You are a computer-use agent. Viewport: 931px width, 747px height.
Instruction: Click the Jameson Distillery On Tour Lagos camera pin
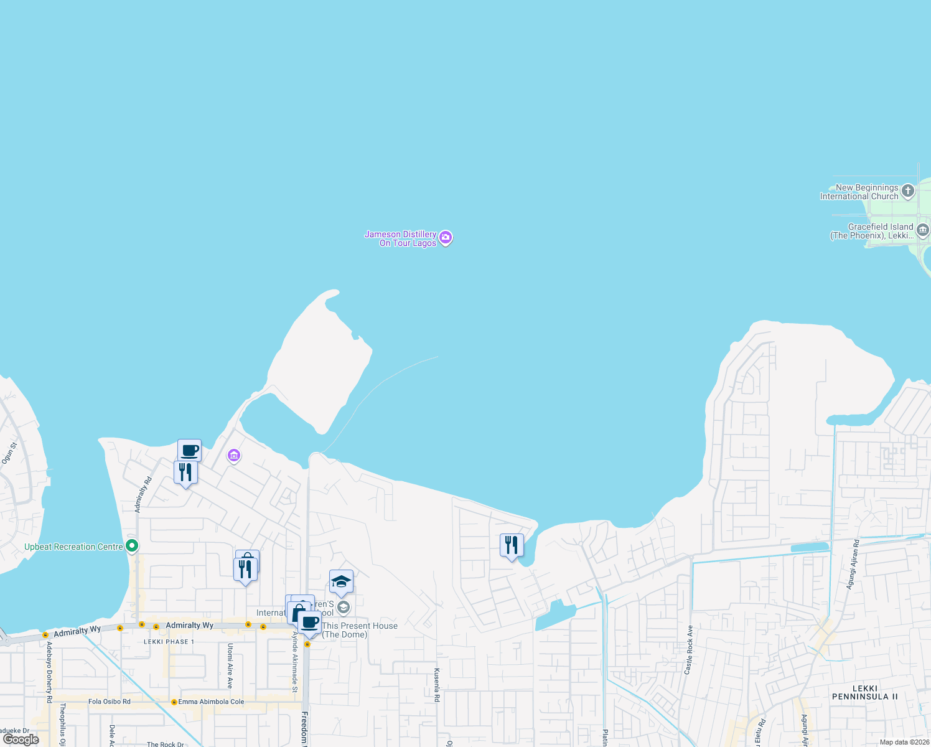click(x=446, y=238)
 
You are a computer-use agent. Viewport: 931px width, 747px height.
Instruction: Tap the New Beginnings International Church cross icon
click(x=908, y=191)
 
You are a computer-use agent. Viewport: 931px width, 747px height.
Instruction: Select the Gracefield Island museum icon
click(x=923, y=230)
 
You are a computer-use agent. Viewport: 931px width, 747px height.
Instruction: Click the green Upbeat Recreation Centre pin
click(x=132, y=547)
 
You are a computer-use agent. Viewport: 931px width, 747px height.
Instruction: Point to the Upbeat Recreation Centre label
click(x=73, y=547)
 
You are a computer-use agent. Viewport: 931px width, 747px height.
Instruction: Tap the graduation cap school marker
click(x=341, y=582)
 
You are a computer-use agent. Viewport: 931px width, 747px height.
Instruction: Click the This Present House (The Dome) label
click(x=359, y=630)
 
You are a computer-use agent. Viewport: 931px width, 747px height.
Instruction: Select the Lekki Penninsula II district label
click(x=864, y=692)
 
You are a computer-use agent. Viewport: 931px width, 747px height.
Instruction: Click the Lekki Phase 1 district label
click(x=169, y=642)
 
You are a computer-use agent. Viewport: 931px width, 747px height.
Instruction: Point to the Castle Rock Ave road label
click(x=688, y=650)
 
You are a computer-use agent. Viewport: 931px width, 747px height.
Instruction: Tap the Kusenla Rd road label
click(x=437, y=685)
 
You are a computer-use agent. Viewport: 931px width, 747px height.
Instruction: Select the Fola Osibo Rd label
click(x=110, y=702)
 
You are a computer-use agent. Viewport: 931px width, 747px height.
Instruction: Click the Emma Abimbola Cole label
click(x=211, y=702)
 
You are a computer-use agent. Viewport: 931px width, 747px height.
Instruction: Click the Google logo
click(x=21, y=740)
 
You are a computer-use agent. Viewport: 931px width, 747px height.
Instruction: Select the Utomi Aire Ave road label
click(x=230, y=665)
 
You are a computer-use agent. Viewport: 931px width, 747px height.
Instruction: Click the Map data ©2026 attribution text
click(x=904, y=742)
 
